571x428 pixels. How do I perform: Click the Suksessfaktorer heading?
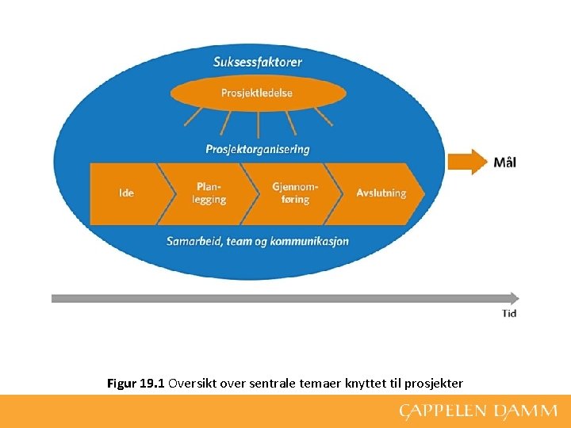click(258, 61)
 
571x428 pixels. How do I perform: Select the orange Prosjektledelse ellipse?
click(258, 93)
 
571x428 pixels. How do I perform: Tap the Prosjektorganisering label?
click(258, 149)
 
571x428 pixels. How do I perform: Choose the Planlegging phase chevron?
click(209, 193)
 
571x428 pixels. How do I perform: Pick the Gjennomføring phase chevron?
click(295, 193)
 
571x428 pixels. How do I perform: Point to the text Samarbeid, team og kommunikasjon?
click(258, 241)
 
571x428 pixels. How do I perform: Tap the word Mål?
click(505, 162)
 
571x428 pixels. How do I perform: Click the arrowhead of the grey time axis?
click(514, 298)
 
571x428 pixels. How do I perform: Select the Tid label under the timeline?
click(509, 314)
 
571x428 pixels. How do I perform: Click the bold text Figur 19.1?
click(136, 384)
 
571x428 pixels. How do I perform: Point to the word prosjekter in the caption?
click(434, 384)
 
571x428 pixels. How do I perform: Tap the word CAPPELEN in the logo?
click(441, 411)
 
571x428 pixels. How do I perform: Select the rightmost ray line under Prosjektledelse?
click(324, 118)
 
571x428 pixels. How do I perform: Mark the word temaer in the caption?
click(321, 384)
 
